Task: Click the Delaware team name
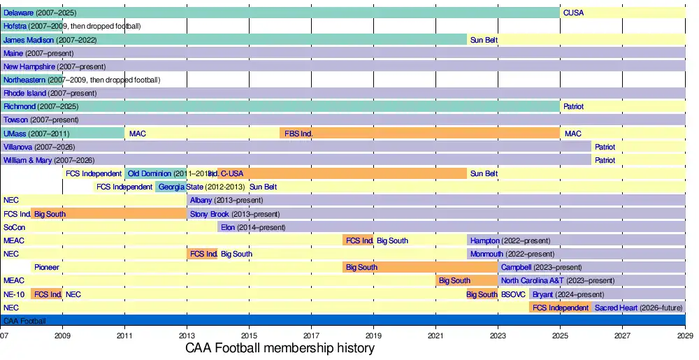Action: tap(18, 13)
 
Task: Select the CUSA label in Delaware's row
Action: tap(573, 13)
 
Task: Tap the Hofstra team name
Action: tap(15, 26)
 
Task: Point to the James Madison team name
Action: tap(27, 40)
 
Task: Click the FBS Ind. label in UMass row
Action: tap(298, 134)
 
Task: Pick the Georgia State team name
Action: tap(181, 187)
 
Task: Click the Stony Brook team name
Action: tap(209, 214)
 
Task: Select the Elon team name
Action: tap(228, 227)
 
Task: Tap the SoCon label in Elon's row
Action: tap(13, 227)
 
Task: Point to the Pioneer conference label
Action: tap(47, 267)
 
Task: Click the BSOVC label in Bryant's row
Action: tap(512, 294)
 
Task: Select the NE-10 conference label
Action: tap(14, 294)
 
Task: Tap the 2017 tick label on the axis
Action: tap(311, 335)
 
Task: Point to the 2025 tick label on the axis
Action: tap(560, 335)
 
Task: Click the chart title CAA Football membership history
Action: tap(280, 348)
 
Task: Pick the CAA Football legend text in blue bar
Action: tap(24, 321)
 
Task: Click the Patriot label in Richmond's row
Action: tap(573, 106)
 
